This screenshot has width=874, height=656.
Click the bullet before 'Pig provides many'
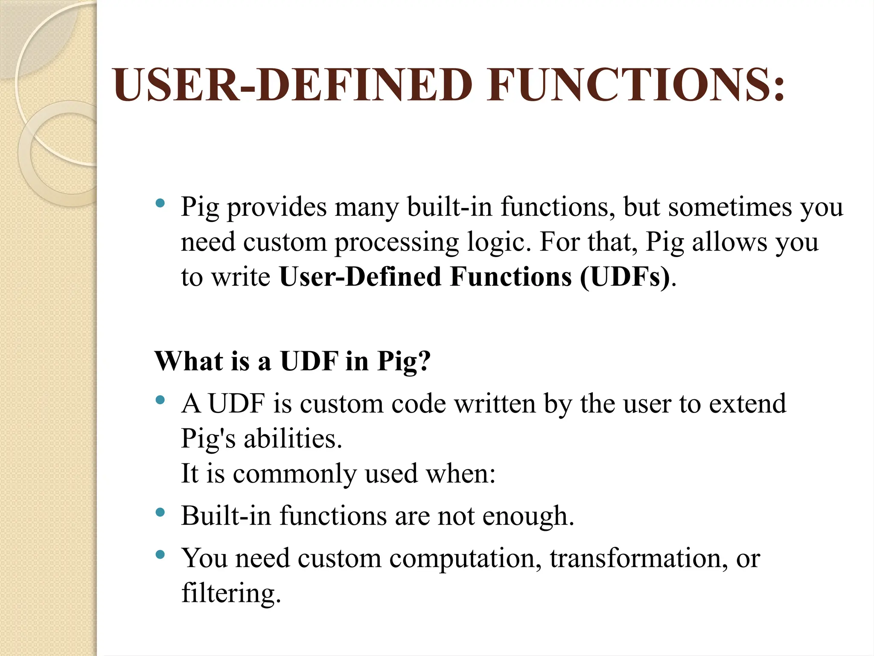(160, 203)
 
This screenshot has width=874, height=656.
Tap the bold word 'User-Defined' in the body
(361, 277)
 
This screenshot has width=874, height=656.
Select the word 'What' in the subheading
(189, 361)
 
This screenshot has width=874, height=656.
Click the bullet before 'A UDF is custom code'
(160, 400)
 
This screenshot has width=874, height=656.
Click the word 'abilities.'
(293, 439)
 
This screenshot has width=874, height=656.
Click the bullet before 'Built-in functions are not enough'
(160, 512)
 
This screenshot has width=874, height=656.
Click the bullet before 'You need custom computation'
(160, 555)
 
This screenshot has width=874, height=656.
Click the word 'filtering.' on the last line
(231, 593)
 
